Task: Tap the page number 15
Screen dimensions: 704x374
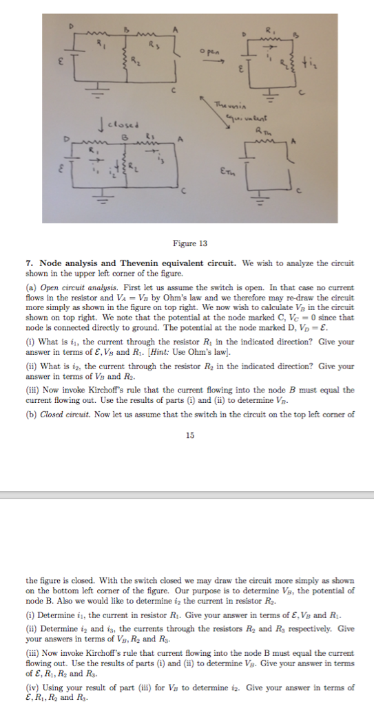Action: tap(189, 434)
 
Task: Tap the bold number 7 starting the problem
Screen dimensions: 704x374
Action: tap(28, 263)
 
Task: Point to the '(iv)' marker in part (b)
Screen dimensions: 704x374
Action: tap(33, 687)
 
